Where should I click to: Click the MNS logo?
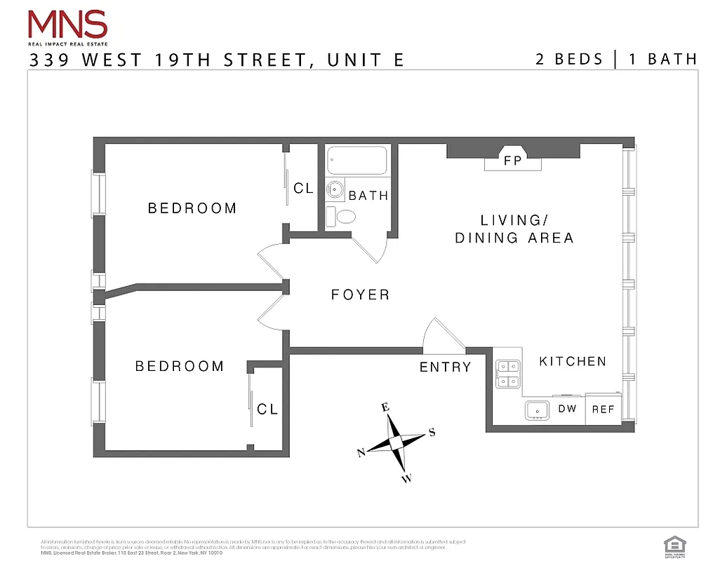point(67,27)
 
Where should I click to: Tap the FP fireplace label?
point(513,161)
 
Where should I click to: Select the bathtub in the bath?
point(358,161)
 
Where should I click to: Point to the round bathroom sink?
point(335,189)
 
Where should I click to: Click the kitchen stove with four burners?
point(507,374)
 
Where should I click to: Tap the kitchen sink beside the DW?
point(538,410)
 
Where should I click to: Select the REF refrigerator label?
point(603,410)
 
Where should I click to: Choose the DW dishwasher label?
point(567,408)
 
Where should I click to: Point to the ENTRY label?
point(445,367)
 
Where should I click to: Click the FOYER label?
point(360,295)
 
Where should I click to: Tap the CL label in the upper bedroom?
point(304,189)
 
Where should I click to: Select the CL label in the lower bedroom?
point(267,410)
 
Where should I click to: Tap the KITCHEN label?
point(572,362)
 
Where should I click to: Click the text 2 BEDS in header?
point(569,59)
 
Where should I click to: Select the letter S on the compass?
point(432,432)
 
